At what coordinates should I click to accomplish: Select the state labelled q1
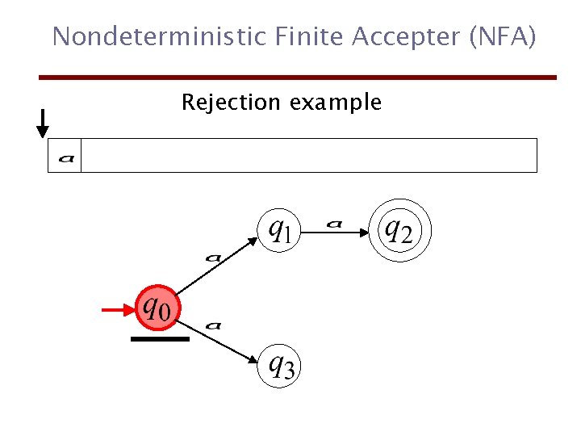pyautogui.click(x=278, y=230)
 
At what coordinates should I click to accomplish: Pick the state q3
pyautogui.click(x=280, y=367)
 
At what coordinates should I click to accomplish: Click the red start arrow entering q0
pyautogui.click(x=119, y=308)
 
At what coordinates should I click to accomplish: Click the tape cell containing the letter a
pyautogui.click(x=65, y=156)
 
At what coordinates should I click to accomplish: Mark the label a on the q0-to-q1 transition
pyautogui.click(x=213, y=258)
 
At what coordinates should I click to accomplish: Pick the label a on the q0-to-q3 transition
pyautogui.click(x=213, y=325)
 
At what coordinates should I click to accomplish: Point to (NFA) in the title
pyautogui.click(x=504, y=36)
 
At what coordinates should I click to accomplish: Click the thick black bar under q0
pyautogui.click(x=160, y=339)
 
